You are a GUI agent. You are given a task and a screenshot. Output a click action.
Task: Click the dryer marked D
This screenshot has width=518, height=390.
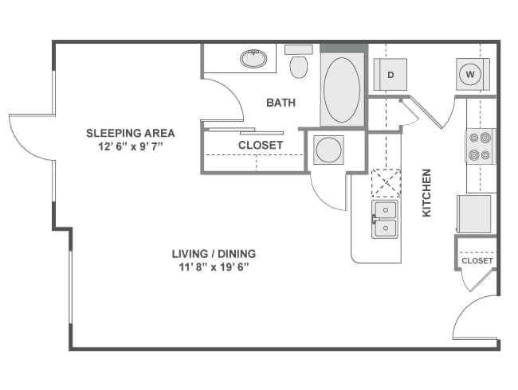(x=390, y=75)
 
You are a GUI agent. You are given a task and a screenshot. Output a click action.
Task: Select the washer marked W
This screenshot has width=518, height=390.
(x=470, y=75)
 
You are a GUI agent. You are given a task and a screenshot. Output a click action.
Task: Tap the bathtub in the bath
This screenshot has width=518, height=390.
(x=342, y=89)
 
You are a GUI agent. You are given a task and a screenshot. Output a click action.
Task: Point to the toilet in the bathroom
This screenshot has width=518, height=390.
(x=299, y=64)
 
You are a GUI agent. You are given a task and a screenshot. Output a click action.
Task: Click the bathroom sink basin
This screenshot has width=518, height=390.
(x=253, y=58)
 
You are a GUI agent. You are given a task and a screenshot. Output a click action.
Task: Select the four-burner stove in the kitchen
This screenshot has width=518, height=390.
(x=480, y=146)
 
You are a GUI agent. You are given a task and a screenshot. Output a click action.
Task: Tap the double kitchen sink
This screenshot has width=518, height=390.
(x=385, y=219)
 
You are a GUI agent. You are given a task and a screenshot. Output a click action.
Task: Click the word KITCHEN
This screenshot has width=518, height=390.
(x=427, y=193)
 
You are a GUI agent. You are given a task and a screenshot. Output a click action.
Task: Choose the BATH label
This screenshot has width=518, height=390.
(x=281, y=103)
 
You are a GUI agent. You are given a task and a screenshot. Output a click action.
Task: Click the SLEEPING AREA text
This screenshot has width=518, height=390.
(x=130, y=133)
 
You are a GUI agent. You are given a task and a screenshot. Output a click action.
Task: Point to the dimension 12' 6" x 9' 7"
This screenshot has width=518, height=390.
(x=130, y=146)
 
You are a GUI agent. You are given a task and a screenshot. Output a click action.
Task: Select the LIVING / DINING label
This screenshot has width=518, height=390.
(x=214, y=254)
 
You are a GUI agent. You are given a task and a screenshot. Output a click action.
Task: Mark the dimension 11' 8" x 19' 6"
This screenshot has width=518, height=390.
(x=214, y=267)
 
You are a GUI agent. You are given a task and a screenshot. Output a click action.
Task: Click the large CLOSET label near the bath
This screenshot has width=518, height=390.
(x=261, y=145)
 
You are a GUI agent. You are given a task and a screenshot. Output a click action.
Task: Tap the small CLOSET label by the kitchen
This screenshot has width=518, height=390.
(x=477, y=260)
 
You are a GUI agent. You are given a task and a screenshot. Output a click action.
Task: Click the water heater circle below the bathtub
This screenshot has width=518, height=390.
(x=328, y=149)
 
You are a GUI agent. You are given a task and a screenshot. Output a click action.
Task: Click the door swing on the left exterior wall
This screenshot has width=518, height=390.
(x=30, y=135)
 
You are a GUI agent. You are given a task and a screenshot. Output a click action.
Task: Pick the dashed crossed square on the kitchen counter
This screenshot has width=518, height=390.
(x=386, y=182)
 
